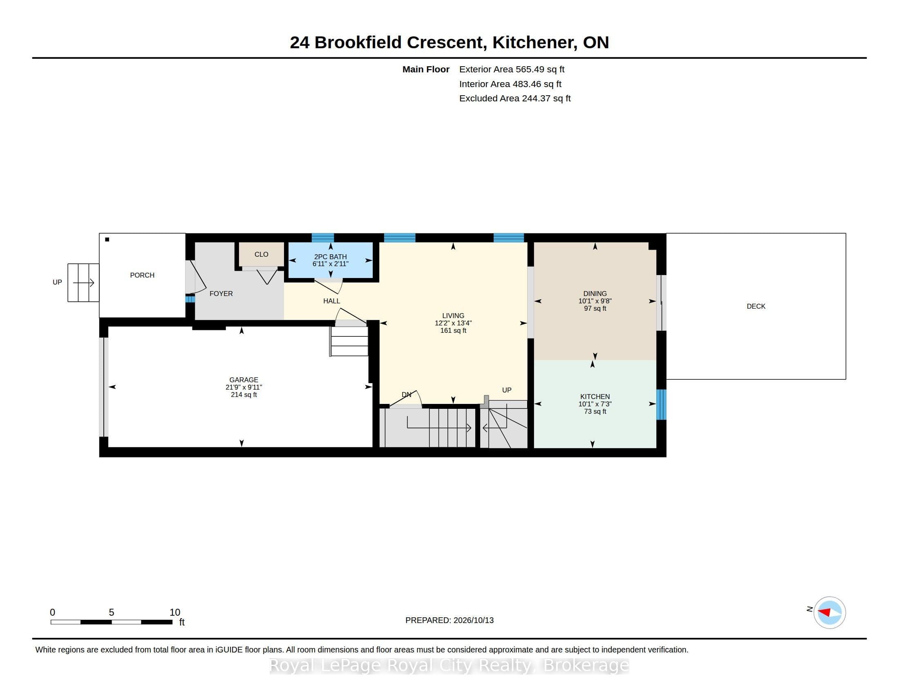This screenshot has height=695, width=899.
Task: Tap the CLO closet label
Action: [262, 254]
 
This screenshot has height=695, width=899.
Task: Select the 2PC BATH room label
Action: [330, 256]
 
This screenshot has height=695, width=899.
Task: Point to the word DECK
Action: [756, 306]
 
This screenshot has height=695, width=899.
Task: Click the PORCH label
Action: [142, 275]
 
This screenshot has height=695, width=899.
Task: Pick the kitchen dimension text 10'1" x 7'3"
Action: [595, 404]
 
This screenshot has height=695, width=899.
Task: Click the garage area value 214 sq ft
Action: [244, 395]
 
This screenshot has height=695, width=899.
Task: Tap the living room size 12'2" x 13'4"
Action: [453, 323]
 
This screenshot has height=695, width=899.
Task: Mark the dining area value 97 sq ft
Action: [595, 308]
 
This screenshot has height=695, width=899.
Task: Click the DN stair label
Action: [406, 395]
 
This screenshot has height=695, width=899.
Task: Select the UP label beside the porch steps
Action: [57, 282]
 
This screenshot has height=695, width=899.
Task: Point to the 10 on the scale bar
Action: [175, 612]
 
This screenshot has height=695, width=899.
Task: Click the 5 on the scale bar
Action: [111, 612]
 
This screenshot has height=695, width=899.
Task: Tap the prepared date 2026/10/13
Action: [473, 620]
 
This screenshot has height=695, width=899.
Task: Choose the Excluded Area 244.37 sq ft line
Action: [515, 99]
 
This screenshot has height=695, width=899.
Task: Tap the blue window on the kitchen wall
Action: [661, 404]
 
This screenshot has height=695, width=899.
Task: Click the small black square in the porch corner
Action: [107, 239]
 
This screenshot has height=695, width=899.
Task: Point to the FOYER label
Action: [221, 294]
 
